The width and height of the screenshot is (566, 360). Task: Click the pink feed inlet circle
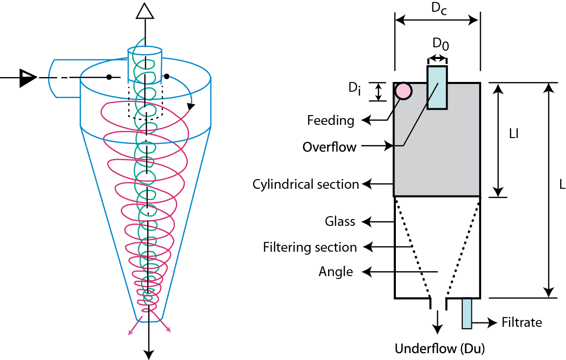(403, 91)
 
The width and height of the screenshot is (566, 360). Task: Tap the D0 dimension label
(441, 44)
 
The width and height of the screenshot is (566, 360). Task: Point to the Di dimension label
(354, 90)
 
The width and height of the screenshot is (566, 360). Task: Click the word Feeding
(331, 120)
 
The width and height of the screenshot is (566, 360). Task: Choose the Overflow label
(330, 147)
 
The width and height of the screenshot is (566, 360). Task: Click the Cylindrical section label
(306, 184)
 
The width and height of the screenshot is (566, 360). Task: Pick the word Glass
(340, 221)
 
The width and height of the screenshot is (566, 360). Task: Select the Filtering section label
(310, 247)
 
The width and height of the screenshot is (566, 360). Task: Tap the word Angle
(336, 271)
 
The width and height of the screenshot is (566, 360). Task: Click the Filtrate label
(522, 322)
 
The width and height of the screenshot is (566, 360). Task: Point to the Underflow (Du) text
(440, 349)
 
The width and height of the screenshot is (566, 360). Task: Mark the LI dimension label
(512, 134)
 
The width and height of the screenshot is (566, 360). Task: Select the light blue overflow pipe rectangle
(437, 88)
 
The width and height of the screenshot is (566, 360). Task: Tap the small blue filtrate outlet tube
(467, 313)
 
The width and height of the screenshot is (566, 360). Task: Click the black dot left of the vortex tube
(110, 77)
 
